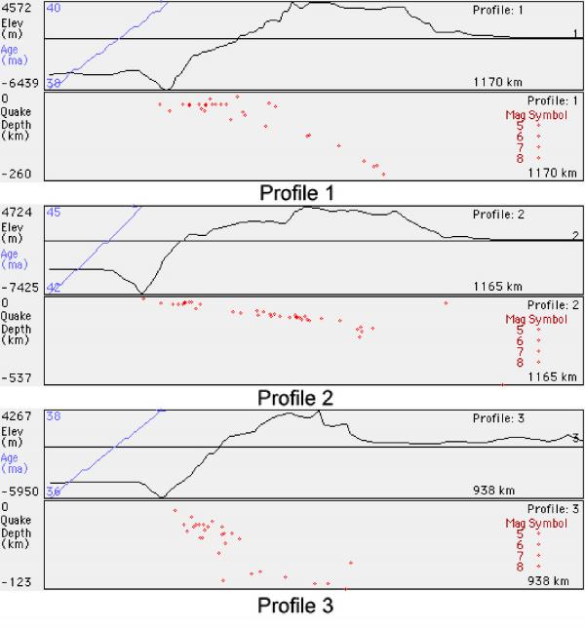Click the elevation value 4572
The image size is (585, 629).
click(x=16, y=8)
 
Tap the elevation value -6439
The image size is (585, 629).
click(x=20, y=84)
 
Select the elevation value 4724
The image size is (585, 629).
click(x=16, y=212)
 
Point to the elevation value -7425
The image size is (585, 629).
click(x=20, y=288)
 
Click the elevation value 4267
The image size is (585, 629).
click(x=16, y=416)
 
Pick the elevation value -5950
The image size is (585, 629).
click(x=20, y=491)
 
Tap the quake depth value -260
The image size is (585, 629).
click(x=16, y=175)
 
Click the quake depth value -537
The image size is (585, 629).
click(x=16, y=377)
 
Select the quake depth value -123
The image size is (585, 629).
click(x=16, y=582)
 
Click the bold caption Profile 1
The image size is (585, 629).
click(x=296, y=193)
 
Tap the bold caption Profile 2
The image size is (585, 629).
click(x=295, y=398)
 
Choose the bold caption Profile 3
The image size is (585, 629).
click(x=295, y=606)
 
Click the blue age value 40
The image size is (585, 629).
click(x=54, y=8)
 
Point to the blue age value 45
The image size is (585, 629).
click(x=54, y=212)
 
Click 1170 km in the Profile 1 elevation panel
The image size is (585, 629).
click(x=497, y=82)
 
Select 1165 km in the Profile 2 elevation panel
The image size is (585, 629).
click(x=497, y=287)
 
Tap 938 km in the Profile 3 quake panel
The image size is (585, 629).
click(x=548, y=581)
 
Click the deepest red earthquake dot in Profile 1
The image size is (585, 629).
click(x=384, y=175)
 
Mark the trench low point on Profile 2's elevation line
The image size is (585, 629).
click(x=141, y=293)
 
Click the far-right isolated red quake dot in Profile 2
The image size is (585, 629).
click(x=446, y=303)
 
